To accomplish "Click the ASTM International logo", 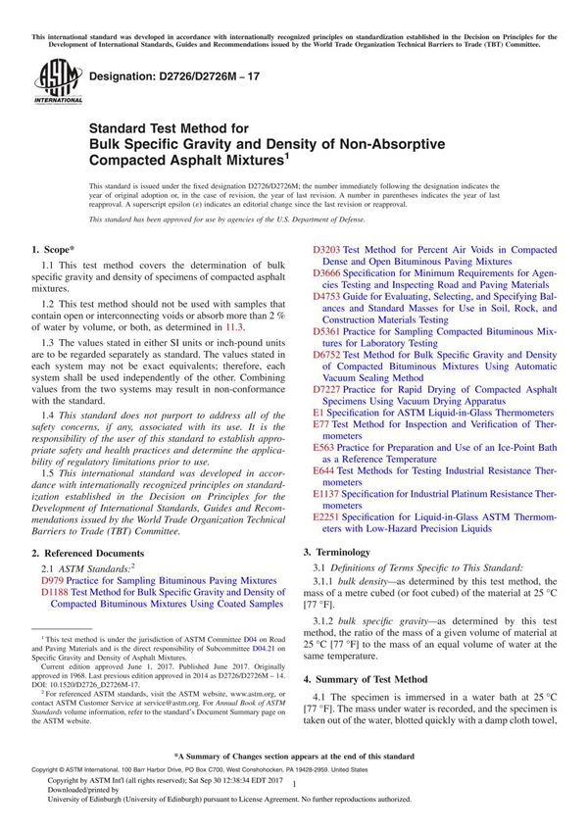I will pos(50,81).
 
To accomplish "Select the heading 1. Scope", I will pos(58,251).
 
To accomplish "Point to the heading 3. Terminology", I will pos(350,552).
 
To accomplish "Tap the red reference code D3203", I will pos(327,251).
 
